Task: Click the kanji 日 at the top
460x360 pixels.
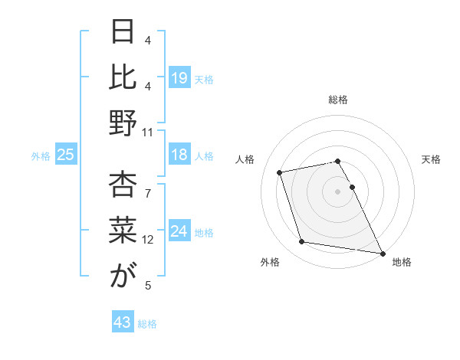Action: (123, 32)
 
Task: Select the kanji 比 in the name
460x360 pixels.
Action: (123, 77)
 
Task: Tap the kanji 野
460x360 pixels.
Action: (123, 123)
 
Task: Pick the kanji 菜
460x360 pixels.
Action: (123, 231)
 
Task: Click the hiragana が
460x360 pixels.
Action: (123, 277)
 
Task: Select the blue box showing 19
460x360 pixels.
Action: (179, 77)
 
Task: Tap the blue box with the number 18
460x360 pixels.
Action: (179, 155)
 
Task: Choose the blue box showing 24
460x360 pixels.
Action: (179, 231)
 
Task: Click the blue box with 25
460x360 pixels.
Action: (65, 155)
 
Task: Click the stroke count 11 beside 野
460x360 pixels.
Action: (148, 132)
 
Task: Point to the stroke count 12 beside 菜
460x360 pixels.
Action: (148, 239)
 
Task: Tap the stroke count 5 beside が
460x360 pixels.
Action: (148, 286)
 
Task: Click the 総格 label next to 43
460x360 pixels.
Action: (147, 324)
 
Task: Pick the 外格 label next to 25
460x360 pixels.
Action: (41, 156)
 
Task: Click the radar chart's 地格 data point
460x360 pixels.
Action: (381, 253)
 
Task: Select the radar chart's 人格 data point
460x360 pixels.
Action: (280, 172)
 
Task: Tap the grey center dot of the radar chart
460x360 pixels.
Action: (337, 191)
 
